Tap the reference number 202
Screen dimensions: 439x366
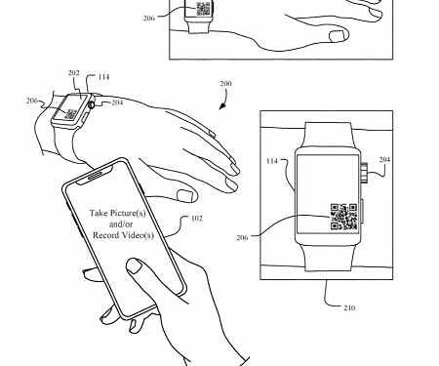click(x=74, y=72)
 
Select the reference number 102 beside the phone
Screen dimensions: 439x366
click(x=196, y=220)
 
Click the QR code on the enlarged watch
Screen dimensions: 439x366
click(x=344, y=217)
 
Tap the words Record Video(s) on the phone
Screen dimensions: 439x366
click(x=123, y=236)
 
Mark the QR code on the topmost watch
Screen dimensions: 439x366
click(x=204, y=10)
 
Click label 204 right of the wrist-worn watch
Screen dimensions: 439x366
click(x=116, y=102)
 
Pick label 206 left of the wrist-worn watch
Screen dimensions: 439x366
click(x=32, y=102)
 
